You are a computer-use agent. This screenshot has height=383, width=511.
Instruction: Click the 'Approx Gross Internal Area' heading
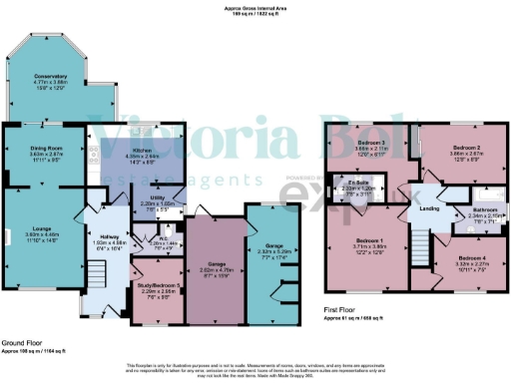tap(255, 8)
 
